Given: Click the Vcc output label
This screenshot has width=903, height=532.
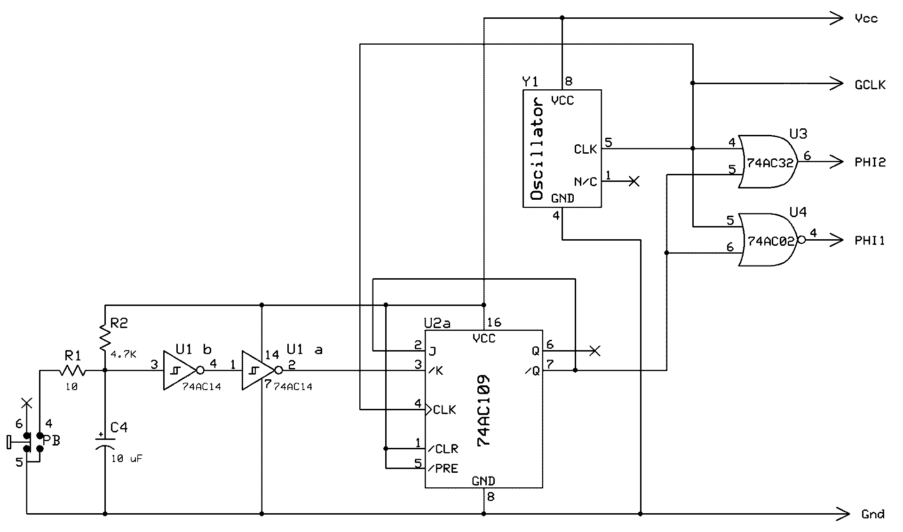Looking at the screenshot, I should point(866,19).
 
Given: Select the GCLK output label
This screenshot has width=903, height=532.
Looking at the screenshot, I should point(870,85).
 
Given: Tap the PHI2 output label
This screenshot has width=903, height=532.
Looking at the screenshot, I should point(870,163).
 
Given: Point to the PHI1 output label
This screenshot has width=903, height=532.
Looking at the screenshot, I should point(870,241).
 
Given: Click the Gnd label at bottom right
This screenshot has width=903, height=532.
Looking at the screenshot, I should point(873,514).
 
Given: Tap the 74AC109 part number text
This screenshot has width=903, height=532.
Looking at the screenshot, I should point(484,410).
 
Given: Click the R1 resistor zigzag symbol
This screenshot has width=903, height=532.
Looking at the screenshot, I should point(72,371).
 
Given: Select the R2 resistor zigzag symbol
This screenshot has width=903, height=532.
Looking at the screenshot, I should point(105,336).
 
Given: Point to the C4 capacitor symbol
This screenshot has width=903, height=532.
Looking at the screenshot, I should point(105,443).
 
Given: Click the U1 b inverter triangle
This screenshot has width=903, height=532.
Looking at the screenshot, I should point(179,370).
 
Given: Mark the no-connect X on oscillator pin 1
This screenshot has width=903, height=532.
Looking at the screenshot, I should point(634,181).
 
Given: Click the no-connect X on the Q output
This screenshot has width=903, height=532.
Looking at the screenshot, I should point(595,351).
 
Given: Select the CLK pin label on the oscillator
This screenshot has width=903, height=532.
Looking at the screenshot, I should point(585,149).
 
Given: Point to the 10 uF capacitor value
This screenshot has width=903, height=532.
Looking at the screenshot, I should point(127,459).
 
